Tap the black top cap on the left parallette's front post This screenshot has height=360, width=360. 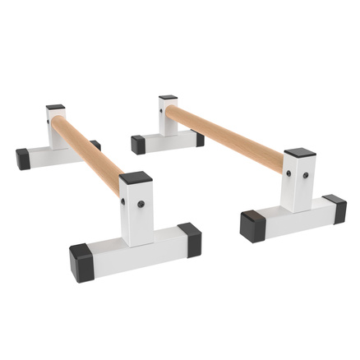coord(136,178)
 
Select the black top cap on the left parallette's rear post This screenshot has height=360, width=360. coord(55,108)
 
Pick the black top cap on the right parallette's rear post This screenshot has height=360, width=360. coord(168,98)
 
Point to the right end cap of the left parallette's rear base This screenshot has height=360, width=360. coord(95,145)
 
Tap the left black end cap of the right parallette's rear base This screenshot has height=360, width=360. coord(138,144)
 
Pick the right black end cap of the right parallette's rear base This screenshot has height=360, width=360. coord(200,139)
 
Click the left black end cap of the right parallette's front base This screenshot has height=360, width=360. coord(253,224)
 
